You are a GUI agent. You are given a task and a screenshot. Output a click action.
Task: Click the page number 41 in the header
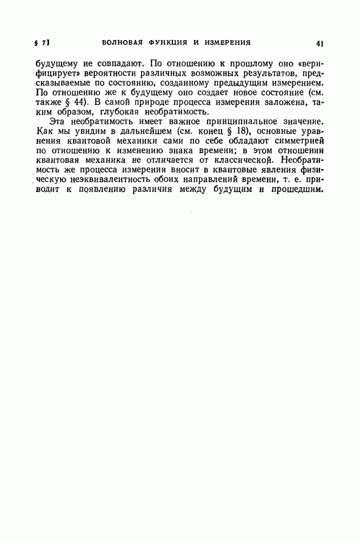319,43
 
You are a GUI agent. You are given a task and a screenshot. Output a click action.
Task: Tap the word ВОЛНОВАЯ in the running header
121,42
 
